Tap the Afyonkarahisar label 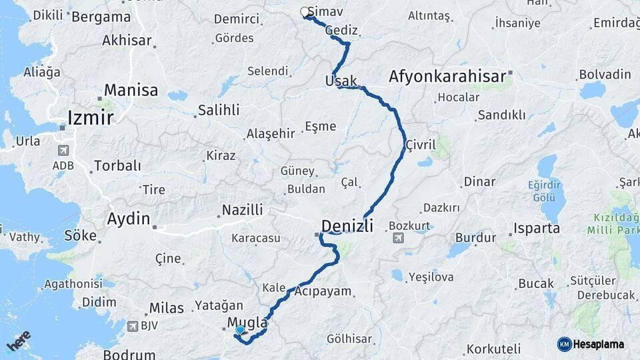(447, 77)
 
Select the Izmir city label (92, 118)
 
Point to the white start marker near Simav (305, 12)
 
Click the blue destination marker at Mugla (240, 329)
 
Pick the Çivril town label (420, 144)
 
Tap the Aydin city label (129, 218)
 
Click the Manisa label (131, 90)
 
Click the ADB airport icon (63, 151)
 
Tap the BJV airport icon (131, 326)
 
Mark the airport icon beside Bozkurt (399, 238)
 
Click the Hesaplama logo (591, 344)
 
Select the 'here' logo (19, 341)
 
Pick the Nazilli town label (243, 210)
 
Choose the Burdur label (475, 237)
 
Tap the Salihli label (219, 110)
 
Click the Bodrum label (129, 355)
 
